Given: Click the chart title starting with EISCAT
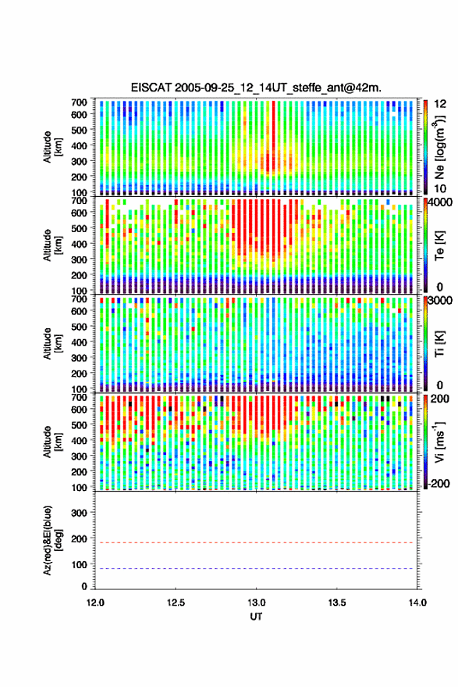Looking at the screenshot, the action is pos(256,88).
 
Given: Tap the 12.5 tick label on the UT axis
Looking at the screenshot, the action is pos(176,603).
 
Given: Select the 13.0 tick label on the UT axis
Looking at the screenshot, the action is pos(257,603).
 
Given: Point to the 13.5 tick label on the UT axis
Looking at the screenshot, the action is pos(337,603).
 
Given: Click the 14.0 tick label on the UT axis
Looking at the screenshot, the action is pos(417,603).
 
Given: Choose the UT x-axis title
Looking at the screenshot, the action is pos(256,617).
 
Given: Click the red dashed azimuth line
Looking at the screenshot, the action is pos(256,542).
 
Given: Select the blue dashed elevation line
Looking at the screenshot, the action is pos(256,569).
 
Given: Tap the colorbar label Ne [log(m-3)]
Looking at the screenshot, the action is pos(439,147).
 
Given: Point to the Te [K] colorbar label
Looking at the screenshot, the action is pos(439,245).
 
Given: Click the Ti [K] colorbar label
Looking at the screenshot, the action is pos(439,343).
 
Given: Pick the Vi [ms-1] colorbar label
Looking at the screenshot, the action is pos(439,442).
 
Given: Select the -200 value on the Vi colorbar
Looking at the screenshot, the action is pos(438,484).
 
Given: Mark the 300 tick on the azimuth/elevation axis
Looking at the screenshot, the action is pos(80,513).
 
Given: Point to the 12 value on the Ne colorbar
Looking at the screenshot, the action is pos(441,104).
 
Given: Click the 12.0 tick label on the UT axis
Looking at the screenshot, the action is pos(95,603).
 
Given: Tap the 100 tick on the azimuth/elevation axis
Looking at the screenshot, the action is pos(80,565).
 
